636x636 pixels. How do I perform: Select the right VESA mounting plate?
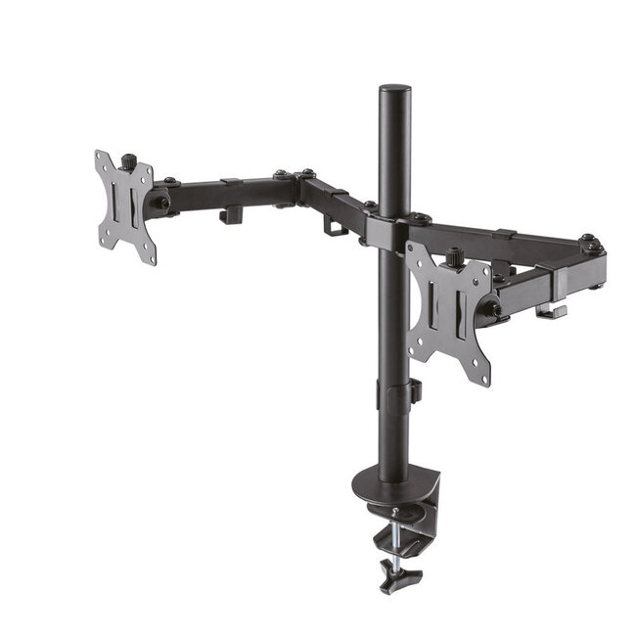(449, 311)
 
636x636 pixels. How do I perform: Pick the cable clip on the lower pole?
(414, 391)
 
